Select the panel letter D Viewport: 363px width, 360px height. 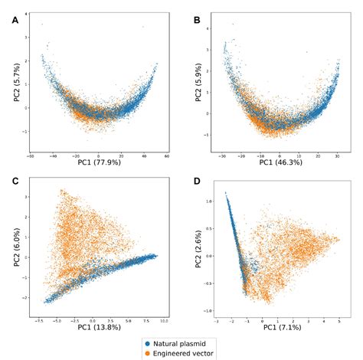click(197, 181)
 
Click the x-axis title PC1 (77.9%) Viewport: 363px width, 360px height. click(103, 162)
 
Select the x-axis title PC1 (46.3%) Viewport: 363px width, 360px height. click(284, 162)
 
